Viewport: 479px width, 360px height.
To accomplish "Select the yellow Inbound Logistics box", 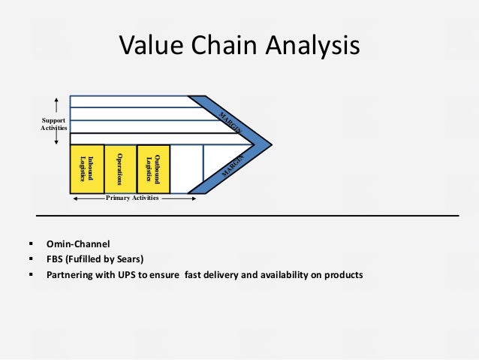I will pyautogui.click(x=86, y=168).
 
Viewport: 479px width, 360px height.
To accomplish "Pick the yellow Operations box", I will pyautogui.click(x=119, y=168).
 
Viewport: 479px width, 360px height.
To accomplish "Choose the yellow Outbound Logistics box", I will pyautogui.click(x=153, y=168).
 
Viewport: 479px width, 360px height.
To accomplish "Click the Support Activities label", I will pyautogui.click(x=53, y=125).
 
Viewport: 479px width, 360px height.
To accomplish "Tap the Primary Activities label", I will pyautogui.click(x=132, y=198).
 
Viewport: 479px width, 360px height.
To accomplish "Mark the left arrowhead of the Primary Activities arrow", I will pyautogui.click(x=74, y=199).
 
